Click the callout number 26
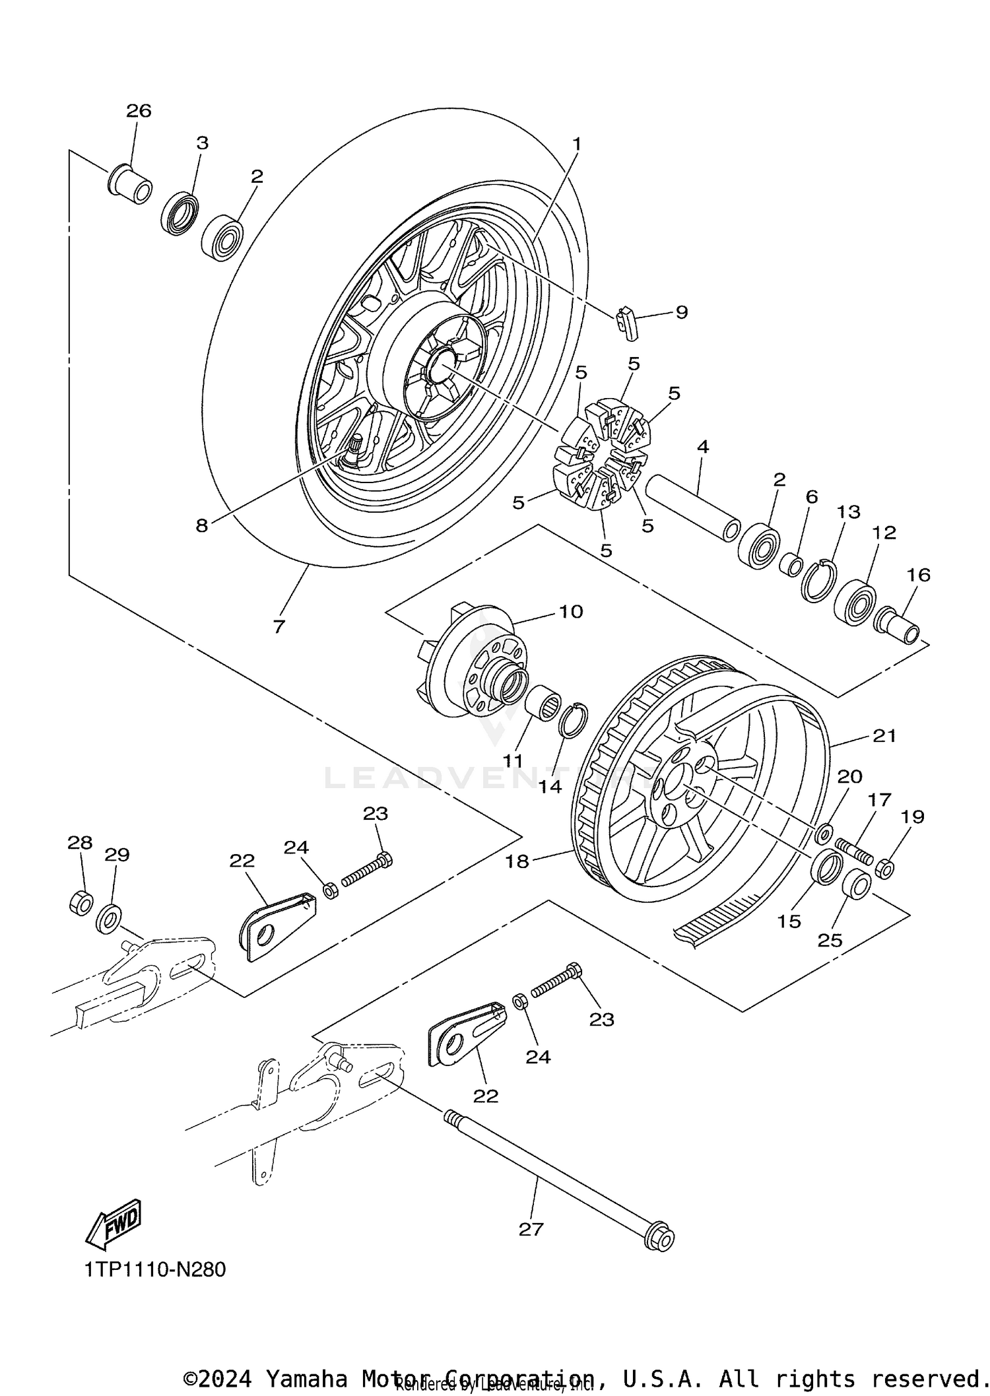coord(139,111)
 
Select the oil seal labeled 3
coord(180,213)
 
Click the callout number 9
coord(681,312)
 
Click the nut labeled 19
coord(884,869)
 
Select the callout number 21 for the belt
coord(884,735)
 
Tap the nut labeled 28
coord(81,902)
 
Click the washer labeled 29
coord(109,919)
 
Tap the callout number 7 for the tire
coord(279,626)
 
